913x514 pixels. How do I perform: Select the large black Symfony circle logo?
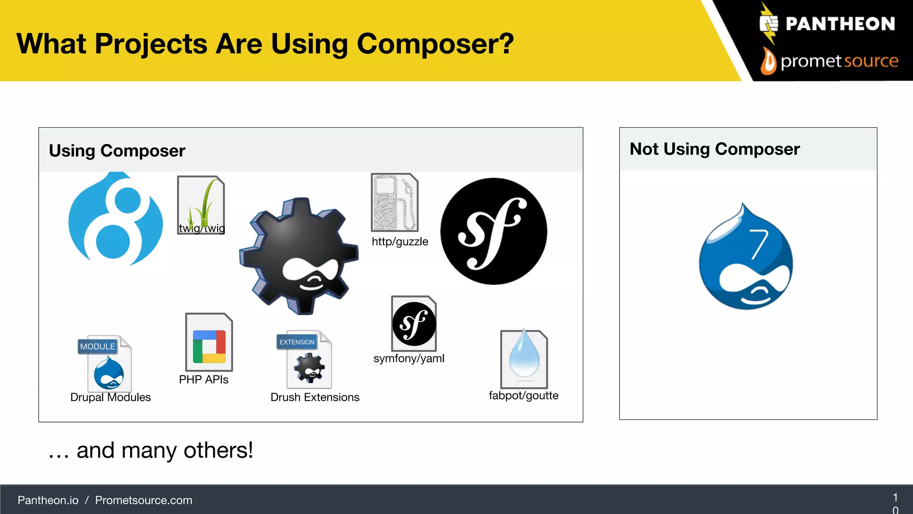[x=494, y=231]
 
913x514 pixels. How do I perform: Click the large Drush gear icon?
[x=299, y=257]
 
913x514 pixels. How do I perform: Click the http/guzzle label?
[x=400, y=242]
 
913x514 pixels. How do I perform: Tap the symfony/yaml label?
[x=409, y=359]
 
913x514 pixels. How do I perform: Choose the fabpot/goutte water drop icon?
[x=524, y=357]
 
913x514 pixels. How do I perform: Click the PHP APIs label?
[x=204, y=380]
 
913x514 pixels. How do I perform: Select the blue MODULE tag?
[x=97, y=346]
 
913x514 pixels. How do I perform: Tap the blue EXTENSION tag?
[x=297, y=342]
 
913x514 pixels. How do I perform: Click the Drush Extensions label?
[x=315, y=398]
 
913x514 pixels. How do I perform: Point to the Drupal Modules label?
[x=111, y=398]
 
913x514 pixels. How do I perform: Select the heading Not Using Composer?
[x=715, y=149]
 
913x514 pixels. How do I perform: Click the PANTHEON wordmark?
[x=840, y=24]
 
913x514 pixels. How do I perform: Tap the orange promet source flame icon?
[x=768, y=62]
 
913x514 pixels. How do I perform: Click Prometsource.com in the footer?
[x=144, y=501]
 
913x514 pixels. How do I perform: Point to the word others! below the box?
[x=218, y=450]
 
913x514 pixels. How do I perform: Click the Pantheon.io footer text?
[x=48, y=501]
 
